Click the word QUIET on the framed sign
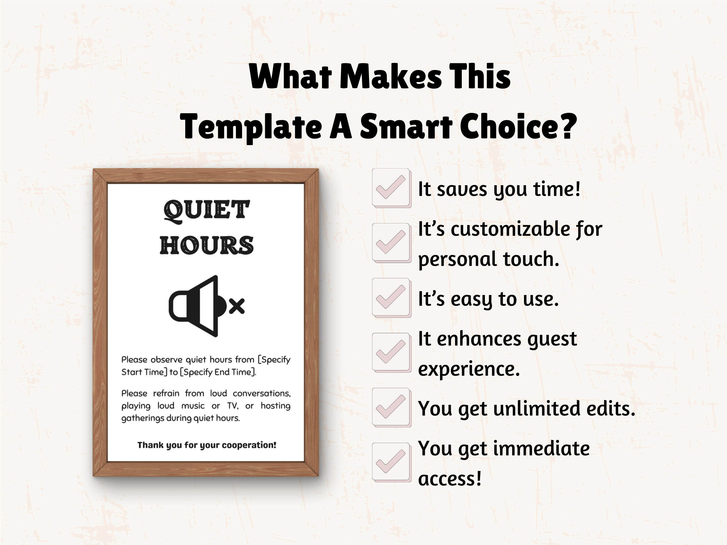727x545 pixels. [x=207, y=210]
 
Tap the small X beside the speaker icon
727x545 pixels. [x=237, y=306]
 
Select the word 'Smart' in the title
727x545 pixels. [x=406, y=127]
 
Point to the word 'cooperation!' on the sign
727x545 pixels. [x=249, y=445]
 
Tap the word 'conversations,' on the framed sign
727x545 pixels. [x=262, y=393]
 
